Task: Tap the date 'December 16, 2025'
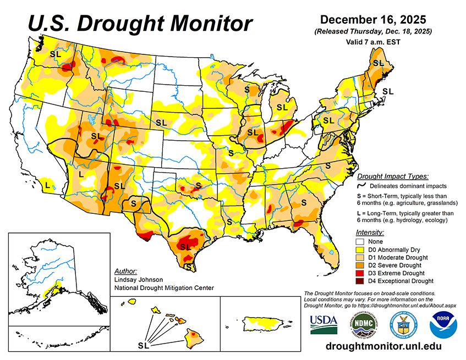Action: pos(372,20)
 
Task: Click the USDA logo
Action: pos(324,325)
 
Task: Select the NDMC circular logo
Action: pos(363,325)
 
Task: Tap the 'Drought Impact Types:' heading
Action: pos(392,176)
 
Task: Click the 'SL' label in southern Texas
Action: pos(185,247)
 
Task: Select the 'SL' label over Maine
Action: pos(378,63)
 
